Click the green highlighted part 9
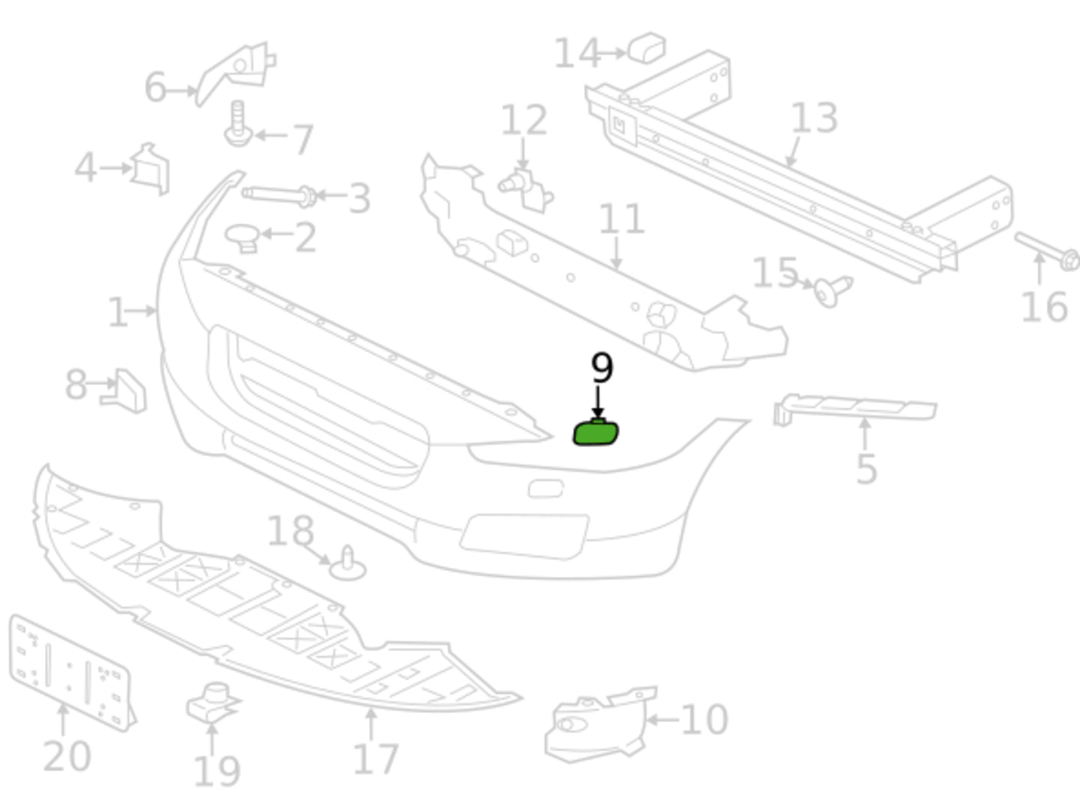[595, 433]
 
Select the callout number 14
[576, 54]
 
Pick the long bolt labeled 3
[277, 196]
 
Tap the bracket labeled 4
[151, 169]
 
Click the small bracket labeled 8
[127, 390]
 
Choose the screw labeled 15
[832, 289]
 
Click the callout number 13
[813, 118]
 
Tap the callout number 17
[375, 758]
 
